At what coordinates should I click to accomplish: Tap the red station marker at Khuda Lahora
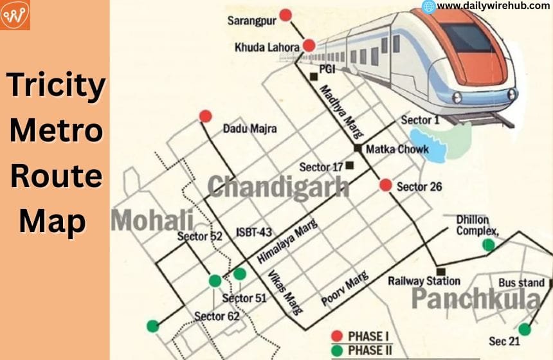[309, 46]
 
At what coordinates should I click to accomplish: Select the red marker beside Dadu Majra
[205, 116]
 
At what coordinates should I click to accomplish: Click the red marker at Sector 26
[385, 185]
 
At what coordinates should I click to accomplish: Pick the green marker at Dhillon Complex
[489, 244]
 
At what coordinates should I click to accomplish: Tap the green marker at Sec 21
[525, 329]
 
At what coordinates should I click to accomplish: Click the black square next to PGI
[313, 76]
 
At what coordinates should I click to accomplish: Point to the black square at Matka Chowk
[358, 148]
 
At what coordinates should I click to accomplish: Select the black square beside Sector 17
[350, 165]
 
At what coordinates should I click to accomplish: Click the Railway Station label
[424, 281]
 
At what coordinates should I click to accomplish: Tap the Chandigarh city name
[278, 187]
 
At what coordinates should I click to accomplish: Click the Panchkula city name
[476, 299]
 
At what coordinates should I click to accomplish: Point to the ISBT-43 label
[255, 232]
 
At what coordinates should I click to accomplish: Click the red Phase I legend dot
[336, 336]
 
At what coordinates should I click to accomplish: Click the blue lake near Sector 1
[428, 145]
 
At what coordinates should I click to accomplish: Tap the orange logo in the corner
[15, 15]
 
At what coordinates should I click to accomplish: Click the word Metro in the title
[55, 131]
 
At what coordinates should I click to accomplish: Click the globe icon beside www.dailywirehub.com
[428, 6]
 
